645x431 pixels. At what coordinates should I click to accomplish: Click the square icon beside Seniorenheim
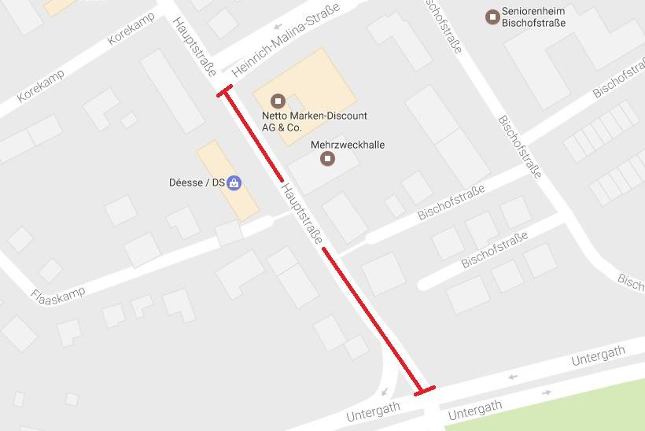[492, 16]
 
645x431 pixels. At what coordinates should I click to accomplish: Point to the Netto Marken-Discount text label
[314, 121]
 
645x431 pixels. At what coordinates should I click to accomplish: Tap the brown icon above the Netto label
[277, 101]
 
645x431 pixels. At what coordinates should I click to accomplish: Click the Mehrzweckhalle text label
[348, 145]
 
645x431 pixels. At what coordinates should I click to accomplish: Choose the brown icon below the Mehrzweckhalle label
[328, 159]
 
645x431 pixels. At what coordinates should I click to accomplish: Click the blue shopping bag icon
[234, 183]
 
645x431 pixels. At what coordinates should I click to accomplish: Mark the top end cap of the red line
[225, 91]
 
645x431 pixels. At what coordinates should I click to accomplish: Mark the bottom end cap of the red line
[425, 391]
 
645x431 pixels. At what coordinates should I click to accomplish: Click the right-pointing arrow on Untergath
[547, 392]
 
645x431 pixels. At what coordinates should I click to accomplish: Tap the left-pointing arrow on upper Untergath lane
[513, 377]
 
